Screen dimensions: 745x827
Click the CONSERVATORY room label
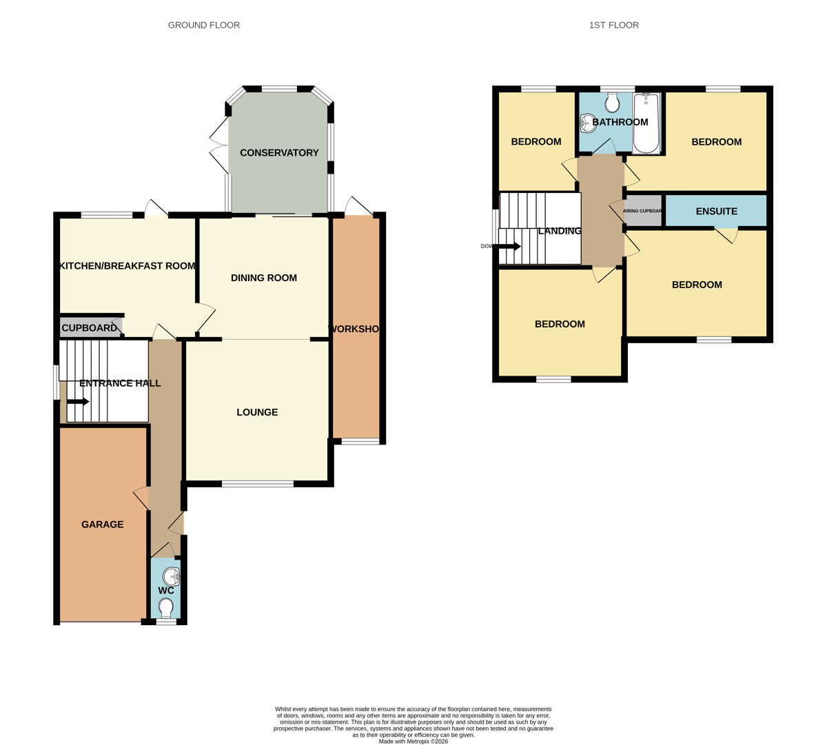point(279,152)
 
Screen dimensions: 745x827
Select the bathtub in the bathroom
point(646,123)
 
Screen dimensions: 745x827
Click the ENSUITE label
point(716,211)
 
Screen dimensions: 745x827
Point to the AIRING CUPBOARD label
point(642,211)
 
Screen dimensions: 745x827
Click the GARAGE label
point(103,524)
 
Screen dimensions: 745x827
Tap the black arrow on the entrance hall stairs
point(77,401)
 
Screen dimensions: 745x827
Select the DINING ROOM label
point(264,278)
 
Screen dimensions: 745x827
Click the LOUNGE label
point(257,412)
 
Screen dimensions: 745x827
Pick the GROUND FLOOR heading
point(204,25)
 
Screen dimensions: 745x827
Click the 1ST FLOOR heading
point(613,25)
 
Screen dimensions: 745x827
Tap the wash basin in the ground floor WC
point(173,573)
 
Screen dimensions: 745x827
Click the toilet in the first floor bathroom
point(612,103)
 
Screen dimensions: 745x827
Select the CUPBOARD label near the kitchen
point(90,328)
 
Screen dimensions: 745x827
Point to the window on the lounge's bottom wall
point(258,484)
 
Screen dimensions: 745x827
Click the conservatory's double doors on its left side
point(219,145)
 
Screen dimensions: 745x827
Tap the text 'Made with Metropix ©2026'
point(413,742)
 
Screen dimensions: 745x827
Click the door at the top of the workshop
point(357,206)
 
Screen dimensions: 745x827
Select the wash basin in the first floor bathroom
point(587,123)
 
